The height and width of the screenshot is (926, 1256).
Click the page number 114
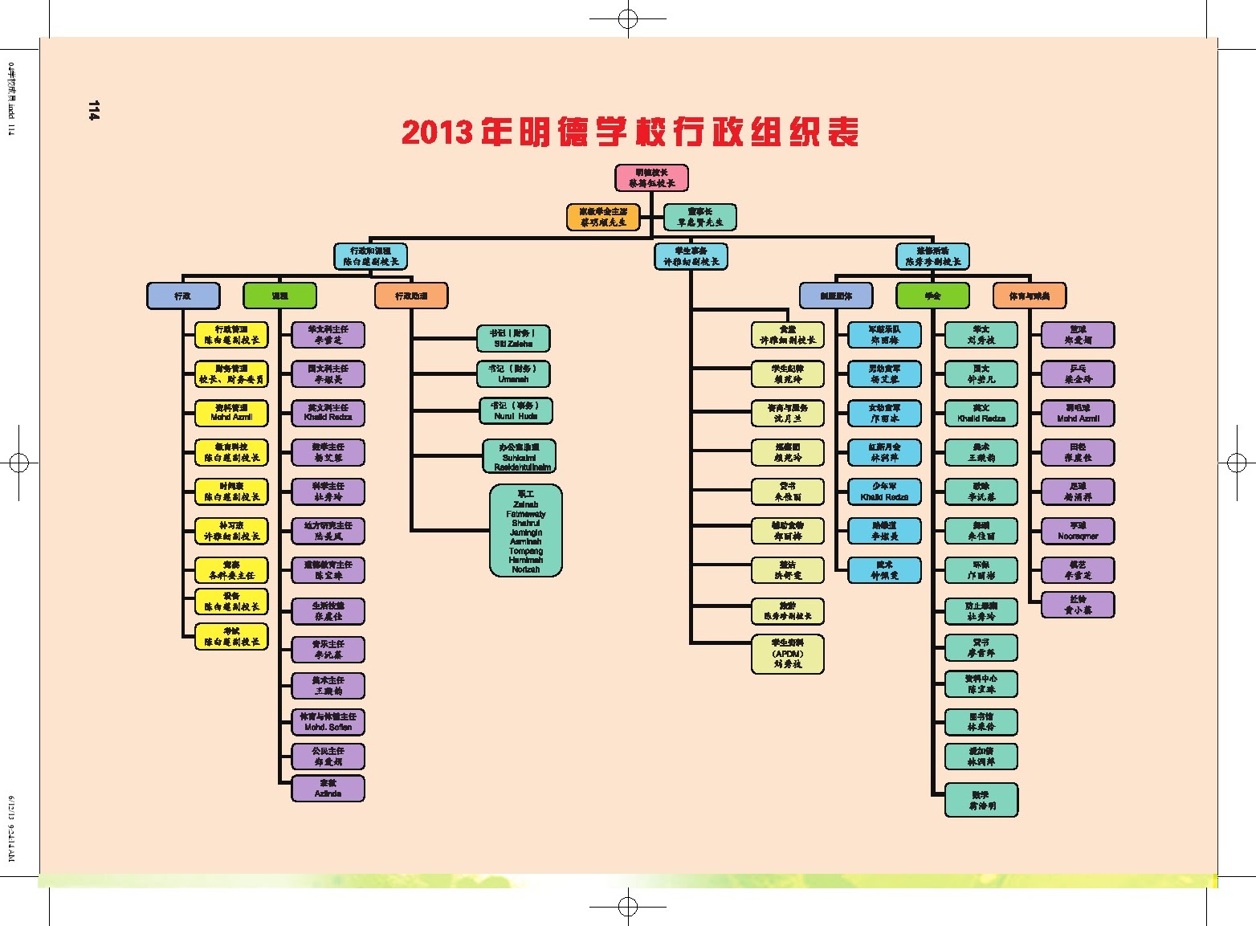(x=94, y=111)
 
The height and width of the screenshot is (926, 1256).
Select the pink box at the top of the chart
(x=651, y=177)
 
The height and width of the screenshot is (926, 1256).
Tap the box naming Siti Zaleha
(x=513, y=338)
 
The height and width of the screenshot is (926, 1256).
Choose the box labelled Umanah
(x=513, y=373)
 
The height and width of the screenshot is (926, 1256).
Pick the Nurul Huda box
(x=516, y=410)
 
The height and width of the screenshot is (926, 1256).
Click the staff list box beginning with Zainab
(x=526, y=530)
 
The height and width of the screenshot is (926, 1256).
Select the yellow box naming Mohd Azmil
(x=231, y=413)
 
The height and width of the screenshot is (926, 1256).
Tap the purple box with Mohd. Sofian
(x=328, y=721)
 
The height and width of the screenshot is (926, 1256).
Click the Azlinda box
(x=328, y=788)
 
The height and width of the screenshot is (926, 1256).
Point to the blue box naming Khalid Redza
(x=884, y=492)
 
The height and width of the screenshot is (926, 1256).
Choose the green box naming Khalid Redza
(x=981, y=413)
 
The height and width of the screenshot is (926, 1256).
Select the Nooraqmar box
(x=1078, y=531)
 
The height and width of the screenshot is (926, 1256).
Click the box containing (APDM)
(x=788, y=654)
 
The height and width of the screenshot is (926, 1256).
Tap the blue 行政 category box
(x=183, y=296)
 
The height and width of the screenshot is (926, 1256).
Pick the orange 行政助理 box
(x=411, y=296)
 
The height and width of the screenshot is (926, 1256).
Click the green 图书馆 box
(x=981, y=721)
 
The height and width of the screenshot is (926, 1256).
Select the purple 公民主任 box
(x=328, y=756)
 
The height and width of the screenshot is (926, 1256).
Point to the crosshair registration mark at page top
(x=628, y=18)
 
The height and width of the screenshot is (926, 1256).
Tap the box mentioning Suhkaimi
(x=520, y=456)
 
